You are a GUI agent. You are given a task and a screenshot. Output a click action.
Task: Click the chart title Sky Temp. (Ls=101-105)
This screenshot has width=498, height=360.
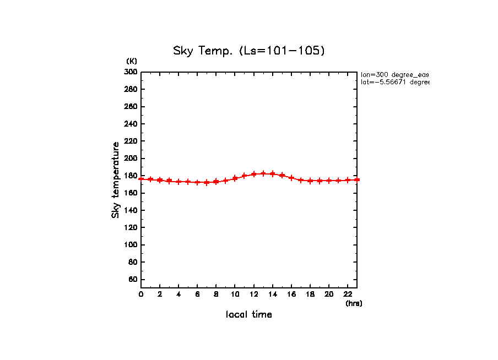(x=249, y=51)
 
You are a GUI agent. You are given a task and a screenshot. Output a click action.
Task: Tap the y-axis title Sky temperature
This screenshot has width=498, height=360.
(x=116, y=180)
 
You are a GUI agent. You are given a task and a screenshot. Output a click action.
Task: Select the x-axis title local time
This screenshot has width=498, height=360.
(x=249, y=314)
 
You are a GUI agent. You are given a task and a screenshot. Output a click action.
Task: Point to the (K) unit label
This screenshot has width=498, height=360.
(x=132, y=61)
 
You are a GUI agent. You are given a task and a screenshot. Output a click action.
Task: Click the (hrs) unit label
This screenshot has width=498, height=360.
(x=354, y=303)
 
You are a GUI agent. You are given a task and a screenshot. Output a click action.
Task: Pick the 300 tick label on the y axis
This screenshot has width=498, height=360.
(x=131, y=72)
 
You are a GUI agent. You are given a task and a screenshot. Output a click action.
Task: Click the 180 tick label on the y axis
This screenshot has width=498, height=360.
(x=131, y=176)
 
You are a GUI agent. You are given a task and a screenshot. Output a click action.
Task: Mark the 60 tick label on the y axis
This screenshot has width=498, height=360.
(x=133, y=280)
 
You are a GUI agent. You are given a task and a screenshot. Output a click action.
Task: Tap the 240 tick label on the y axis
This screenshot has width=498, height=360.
(x=131, y=124)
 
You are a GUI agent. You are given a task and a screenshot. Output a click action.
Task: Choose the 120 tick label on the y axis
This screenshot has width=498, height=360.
(x=131, y=228)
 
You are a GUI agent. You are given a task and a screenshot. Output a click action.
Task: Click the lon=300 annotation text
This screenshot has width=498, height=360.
(x=394, y=74)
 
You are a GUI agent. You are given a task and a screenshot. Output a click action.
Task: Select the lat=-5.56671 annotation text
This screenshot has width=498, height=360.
(x=394, y=82)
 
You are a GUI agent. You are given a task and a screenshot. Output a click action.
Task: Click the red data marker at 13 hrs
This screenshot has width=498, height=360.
(x=263, y=173)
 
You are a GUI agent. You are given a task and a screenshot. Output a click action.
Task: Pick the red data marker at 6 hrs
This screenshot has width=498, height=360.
(x=197, y=182)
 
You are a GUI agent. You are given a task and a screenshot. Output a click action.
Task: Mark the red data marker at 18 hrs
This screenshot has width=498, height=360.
(x=310, y=181)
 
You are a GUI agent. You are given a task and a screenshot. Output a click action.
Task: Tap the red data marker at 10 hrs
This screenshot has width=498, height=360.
(x=235, y=178)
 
